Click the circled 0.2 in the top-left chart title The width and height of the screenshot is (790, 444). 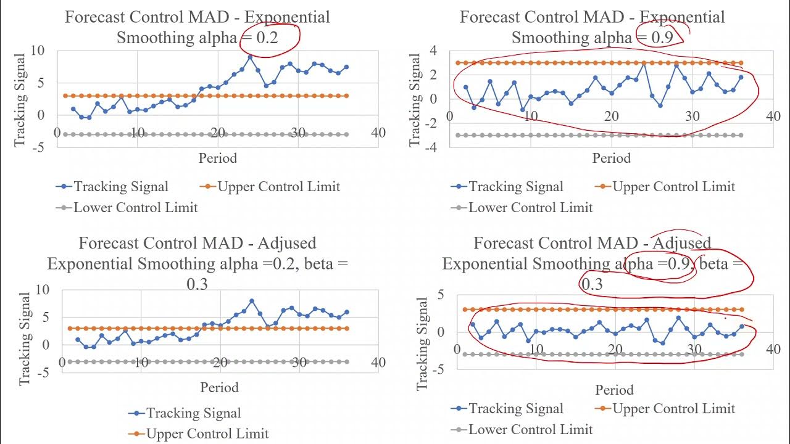tap(267, 38)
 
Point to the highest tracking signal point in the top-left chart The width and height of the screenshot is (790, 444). tap(250, 57)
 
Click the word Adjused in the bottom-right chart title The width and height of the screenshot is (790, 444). tap(681, 243)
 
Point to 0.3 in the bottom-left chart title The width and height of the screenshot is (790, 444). tap(197, 284)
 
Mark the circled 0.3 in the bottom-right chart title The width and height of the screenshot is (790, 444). tap(591, 284)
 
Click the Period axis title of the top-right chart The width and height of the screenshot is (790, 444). tap(612, 158)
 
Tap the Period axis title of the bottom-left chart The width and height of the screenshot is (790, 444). tap(219, 387)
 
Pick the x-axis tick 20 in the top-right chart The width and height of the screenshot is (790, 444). tap(611, 117)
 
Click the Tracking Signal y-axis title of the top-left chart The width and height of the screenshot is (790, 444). tap(20, 100)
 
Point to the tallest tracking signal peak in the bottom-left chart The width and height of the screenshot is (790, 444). tap(252, 301)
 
